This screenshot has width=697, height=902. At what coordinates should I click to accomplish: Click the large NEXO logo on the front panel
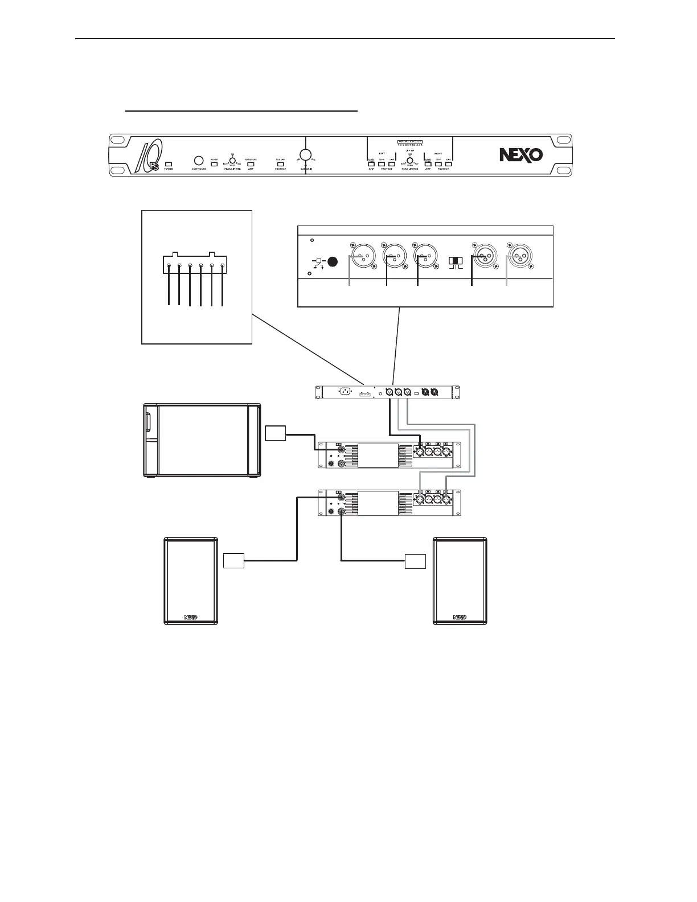[520, 155]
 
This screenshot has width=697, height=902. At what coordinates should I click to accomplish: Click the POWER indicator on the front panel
[169, 164]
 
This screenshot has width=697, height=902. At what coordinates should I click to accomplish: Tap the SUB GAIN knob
[306, 154]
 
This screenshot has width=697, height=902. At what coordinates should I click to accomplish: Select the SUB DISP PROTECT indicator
[280, 164]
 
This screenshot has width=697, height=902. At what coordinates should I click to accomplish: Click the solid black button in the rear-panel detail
[333, 263]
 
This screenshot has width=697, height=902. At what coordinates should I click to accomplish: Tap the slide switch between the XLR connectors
[456, 261]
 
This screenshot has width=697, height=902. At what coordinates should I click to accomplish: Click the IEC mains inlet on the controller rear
[344, 392]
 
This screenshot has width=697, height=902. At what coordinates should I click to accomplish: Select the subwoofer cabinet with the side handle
[200, 440]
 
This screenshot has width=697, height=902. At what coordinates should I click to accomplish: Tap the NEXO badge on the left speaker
[191, 616]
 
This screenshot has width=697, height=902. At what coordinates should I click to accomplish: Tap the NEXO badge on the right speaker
[460, 616]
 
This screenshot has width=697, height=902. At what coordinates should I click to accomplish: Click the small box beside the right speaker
[415, 561]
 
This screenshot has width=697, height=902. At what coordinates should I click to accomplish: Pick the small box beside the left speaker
[233, 561]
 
